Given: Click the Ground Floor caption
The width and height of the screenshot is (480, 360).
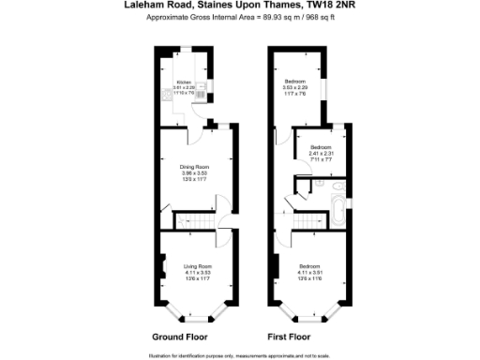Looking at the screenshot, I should pyautogui.click(x=180, y=336).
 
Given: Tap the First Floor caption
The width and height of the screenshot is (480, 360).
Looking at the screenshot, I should pyautogui.click(x=288, y=336).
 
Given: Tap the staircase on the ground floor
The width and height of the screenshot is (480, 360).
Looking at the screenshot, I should pyautogui.click(x=193, y=221).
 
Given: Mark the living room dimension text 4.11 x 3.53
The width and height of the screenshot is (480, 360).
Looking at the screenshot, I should pyautogui.click(x=198, y=273).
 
